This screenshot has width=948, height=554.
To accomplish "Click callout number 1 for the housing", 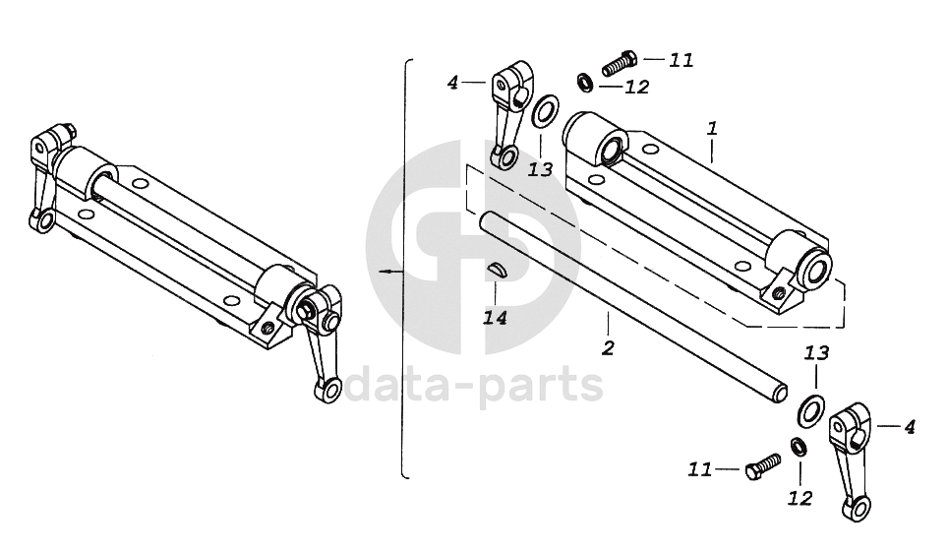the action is point(712,129).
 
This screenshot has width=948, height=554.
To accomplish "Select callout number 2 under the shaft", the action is point(608,347).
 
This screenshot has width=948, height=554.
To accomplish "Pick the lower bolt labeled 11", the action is point(762,463).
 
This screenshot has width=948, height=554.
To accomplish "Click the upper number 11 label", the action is point(681,60).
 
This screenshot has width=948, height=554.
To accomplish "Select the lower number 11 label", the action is point(699,470).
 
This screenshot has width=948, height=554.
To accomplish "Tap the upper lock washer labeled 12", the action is point(583,81).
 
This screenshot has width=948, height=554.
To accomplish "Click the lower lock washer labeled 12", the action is point(800,448).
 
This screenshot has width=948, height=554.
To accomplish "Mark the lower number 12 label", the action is point(800,498).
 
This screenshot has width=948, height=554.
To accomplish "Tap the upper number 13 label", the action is point(540,169).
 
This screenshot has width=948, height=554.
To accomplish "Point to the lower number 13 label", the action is point(817,353).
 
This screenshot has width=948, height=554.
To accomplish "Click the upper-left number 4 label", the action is point(452,83).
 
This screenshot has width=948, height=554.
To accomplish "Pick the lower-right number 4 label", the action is point(909,427).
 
